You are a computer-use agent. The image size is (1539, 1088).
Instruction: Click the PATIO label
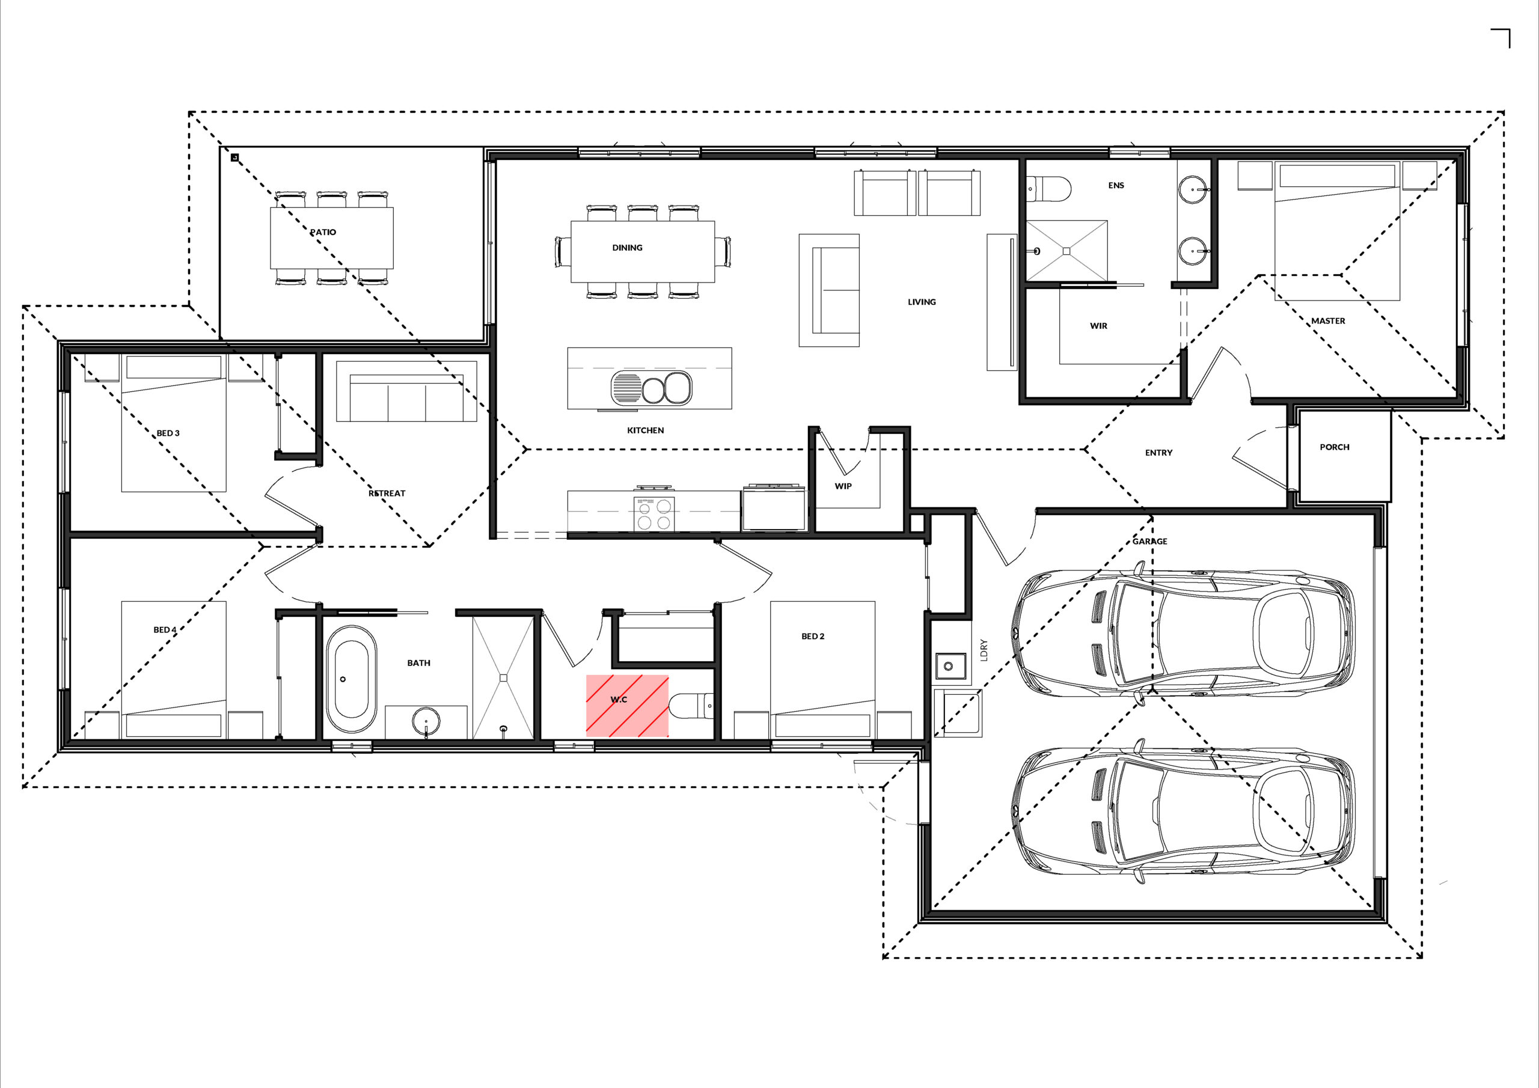click(x=323, y=232)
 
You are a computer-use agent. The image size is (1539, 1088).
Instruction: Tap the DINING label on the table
click(x=628, y=248)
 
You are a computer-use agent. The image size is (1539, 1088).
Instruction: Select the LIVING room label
click(x=922, y=302)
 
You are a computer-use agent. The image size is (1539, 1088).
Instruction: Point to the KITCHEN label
click(x=646, y=430)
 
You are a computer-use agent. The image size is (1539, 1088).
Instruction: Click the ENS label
click(x=1116, y=185)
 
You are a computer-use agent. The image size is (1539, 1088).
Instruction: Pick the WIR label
click(x=1098, y=326)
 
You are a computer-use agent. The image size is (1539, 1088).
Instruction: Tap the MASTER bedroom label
click(x=1329, y=320)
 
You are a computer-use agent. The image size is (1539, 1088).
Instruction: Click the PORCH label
click(x=1335, y=447)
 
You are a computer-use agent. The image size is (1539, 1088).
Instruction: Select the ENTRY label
click(x=1159, y=453)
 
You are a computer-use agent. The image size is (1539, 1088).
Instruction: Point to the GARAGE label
click(x=1149, y=541)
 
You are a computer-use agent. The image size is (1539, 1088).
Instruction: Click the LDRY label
click(x=984, y=650)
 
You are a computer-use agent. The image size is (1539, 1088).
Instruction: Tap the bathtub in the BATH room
click(x=351, y=680)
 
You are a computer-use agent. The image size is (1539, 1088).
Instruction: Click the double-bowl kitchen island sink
click(x=651, y=388)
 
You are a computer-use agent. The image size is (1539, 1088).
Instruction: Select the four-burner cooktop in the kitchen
click(x=653, y=514)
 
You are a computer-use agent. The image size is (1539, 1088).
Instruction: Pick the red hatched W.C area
click(x=628, y=706)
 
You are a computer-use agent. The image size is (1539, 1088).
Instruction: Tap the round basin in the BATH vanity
click(x=427, y=723)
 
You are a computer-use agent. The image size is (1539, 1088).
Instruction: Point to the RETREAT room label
click(x=387, y=494)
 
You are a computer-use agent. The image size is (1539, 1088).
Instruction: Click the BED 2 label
click(x=813, y=636)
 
